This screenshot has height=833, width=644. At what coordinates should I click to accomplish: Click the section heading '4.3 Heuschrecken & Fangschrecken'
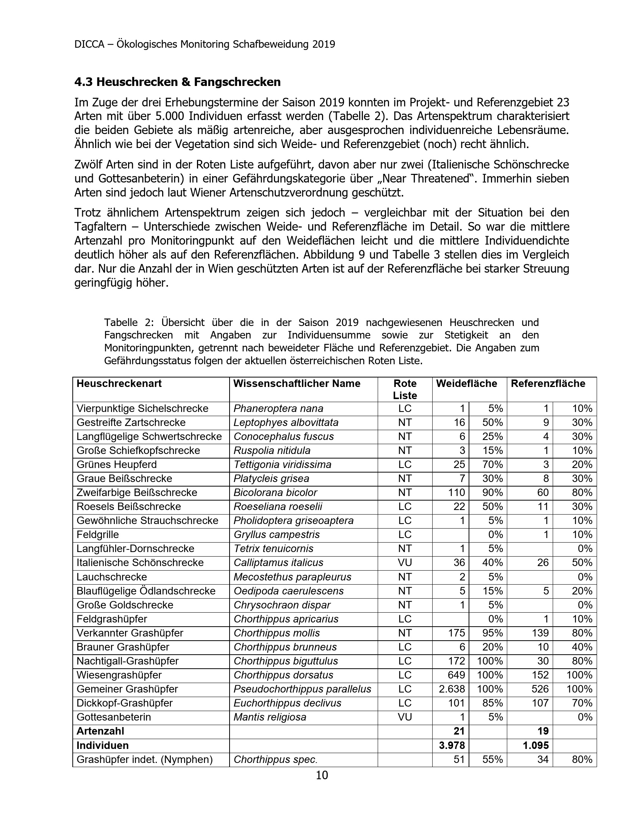pyautogui.click(x=177, y=82)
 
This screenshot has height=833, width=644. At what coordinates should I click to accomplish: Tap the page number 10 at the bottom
pyautogui.click(x=322, y=775)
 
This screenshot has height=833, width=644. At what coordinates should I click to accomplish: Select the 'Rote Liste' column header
pyautogui.click(x=405, y=389)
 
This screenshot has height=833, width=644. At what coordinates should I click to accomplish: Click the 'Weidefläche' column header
pyautogui.click(x=467, y=383)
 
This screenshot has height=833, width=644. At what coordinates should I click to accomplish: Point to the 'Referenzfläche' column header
pyautogui.click(x=548, y=383)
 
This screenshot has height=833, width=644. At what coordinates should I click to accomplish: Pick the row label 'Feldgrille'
pyautogui.click(x=98, y=534)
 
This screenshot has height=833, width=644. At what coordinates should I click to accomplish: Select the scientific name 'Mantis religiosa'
pyautogui.click(x=270, y=717)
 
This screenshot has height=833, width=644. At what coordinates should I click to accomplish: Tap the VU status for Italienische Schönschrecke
pyautogui.click(x=405, y=563)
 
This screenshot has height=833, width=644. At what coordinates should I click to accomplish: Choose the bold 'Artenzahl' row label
pyautogui.click(x=100, y=731)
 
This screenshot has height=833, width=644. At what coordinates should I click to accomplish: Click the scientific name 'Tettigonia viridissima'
pyautogui.click(x=282, y=465)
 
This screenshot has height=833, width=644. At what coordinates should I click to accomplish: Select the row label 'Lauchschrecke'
pyautogui.click(x=112, y=577)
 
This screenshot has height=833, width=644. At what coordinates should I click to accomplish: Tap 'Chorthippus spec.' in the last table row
pyautogui.click(x=275, y=760)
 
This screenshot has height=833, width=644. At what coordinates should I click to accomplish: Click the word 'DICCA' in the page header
pyautogui.click(x=89, y=44)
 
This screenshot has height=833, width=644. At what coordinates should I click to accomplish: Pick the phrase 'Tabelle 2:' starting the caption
pyautogui.click(x=129, y=322)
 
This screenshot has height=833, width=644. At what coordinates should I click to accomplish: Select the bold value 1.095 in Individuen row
pyautogui.click(x=536, y=745)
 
